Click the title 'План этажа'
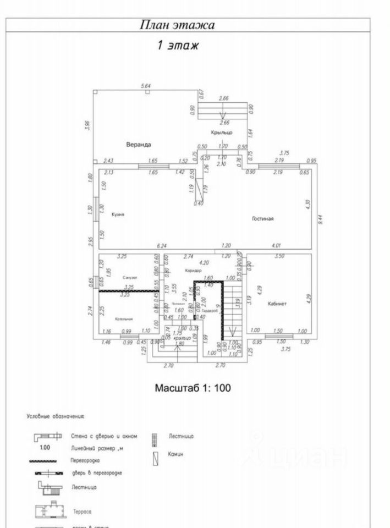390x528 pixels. (x=177, y=25)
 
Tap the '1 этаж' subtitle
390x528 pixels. (x=178, y=46)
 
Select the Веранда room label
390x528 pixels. (x=138, y=145)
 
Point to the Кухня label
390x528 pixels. (x=117, y=215)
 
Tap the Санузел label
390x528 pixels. (x=130, y=277)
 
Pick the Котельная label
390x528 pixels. (x=124, y=318)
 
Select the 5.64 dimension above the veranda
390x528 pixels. (x=146, y=86)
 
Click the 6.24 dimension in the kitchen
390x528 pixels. (x=161, y=246)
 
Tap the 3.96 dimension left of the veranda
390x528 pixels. (x=87, y=125)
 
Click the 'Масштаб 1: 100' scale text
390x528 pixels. (x=193, y=388)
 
